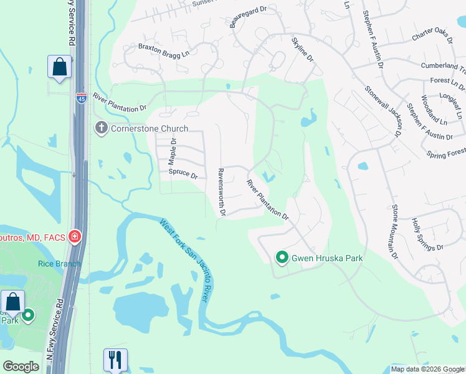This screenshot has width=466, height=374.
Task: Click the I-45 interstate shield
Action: pos(82,98)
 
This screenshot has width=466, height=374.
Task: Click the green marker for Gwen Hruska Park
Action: pos(282,257)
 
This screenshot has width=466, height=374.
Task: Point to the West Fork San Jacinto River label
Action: pos(184,261)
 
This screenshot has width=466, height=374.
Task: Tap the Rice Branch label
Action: pos(59,264)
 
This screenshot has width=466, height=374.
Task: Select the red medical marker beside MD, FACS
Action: pos(74,236)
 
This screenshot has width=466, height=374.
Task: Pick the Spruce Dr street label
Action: pos(183,175)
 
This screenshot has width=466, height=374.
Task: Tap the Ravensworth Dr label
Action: pos(221,192)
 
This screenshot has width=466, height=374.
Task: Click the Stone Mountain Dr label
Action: pos(394,231)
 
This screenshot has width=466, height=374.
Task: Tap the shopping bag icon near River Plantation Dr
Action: pos(59,67)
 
